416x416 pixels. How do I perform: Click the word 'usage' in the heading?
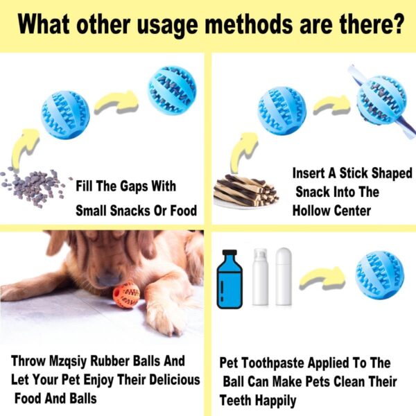tap(167, 26)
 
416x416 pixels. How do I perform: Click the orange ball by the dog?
tap(126, 295)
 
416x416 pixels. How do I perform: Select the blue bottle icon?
tap(229, 279)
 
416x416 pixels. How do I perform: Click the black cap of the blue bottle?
tap(229, 252)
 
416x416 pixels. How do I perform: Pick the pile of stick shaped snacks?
tap(245, 191)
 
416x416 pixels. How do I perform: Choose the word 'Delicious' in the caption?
tap(174, 380)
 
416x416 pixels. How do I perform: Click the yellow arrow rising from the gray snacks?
tap(24, 148)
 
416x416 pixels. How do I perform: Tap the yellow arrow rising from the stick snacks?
tap(243, 151)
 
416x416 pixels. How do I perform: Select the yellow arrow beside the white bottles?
tap(322, 278)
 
